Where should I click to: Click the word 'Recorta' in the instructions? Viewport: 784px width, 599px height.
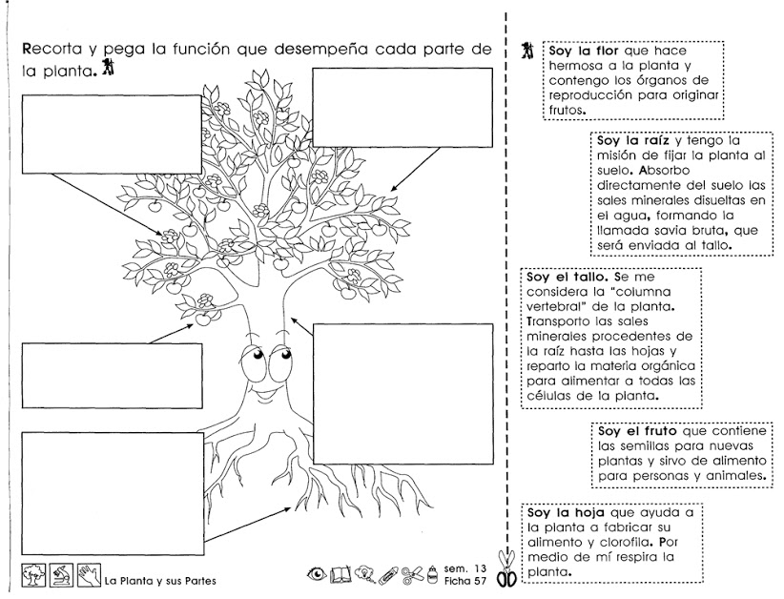point(52,49)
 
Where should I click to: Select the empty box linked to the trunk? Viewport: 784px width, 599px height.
point(398,392)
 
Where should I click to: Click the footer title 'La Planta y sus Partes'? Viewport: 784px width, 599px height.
point(160,581)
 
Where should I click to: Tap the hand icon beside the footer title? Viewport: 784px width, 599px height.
point(89,573)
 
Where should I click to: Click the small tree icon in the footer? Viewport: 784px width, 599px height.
point(33,573)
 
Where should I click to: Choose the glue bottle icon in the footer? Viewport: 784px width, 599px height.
point(432,573)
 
